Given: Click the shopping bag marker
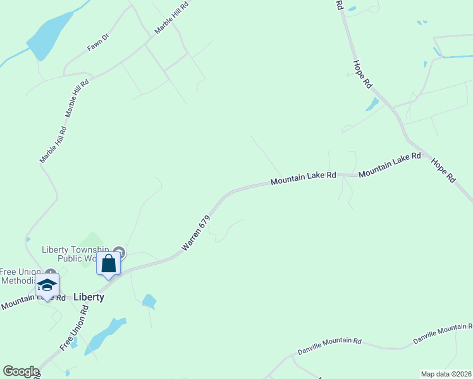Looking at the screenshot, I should coord(108,263).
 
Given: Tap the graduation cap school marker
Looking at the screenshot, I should coord(47,286).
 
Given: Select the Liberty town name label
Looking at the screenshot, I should coord(89,296).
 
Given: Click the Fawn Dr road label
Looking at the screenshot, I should coord(98,42).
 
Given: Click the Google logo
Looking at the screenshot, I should coord(21,371).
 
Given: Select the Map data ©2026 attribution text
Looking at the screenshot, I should coord(446,374).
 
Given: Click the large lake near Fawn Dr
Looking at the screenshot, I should coord(49,36).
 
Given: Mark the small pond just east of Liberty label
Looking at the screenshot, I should coord(149,301).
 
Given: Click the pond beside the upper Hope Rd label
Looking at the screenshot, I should coord(372,104).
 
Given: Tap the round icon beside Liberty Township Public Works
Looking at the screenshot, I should coord(120,253).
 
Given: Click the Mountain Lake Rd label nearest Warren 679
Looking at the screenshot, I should coord(303,180).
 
